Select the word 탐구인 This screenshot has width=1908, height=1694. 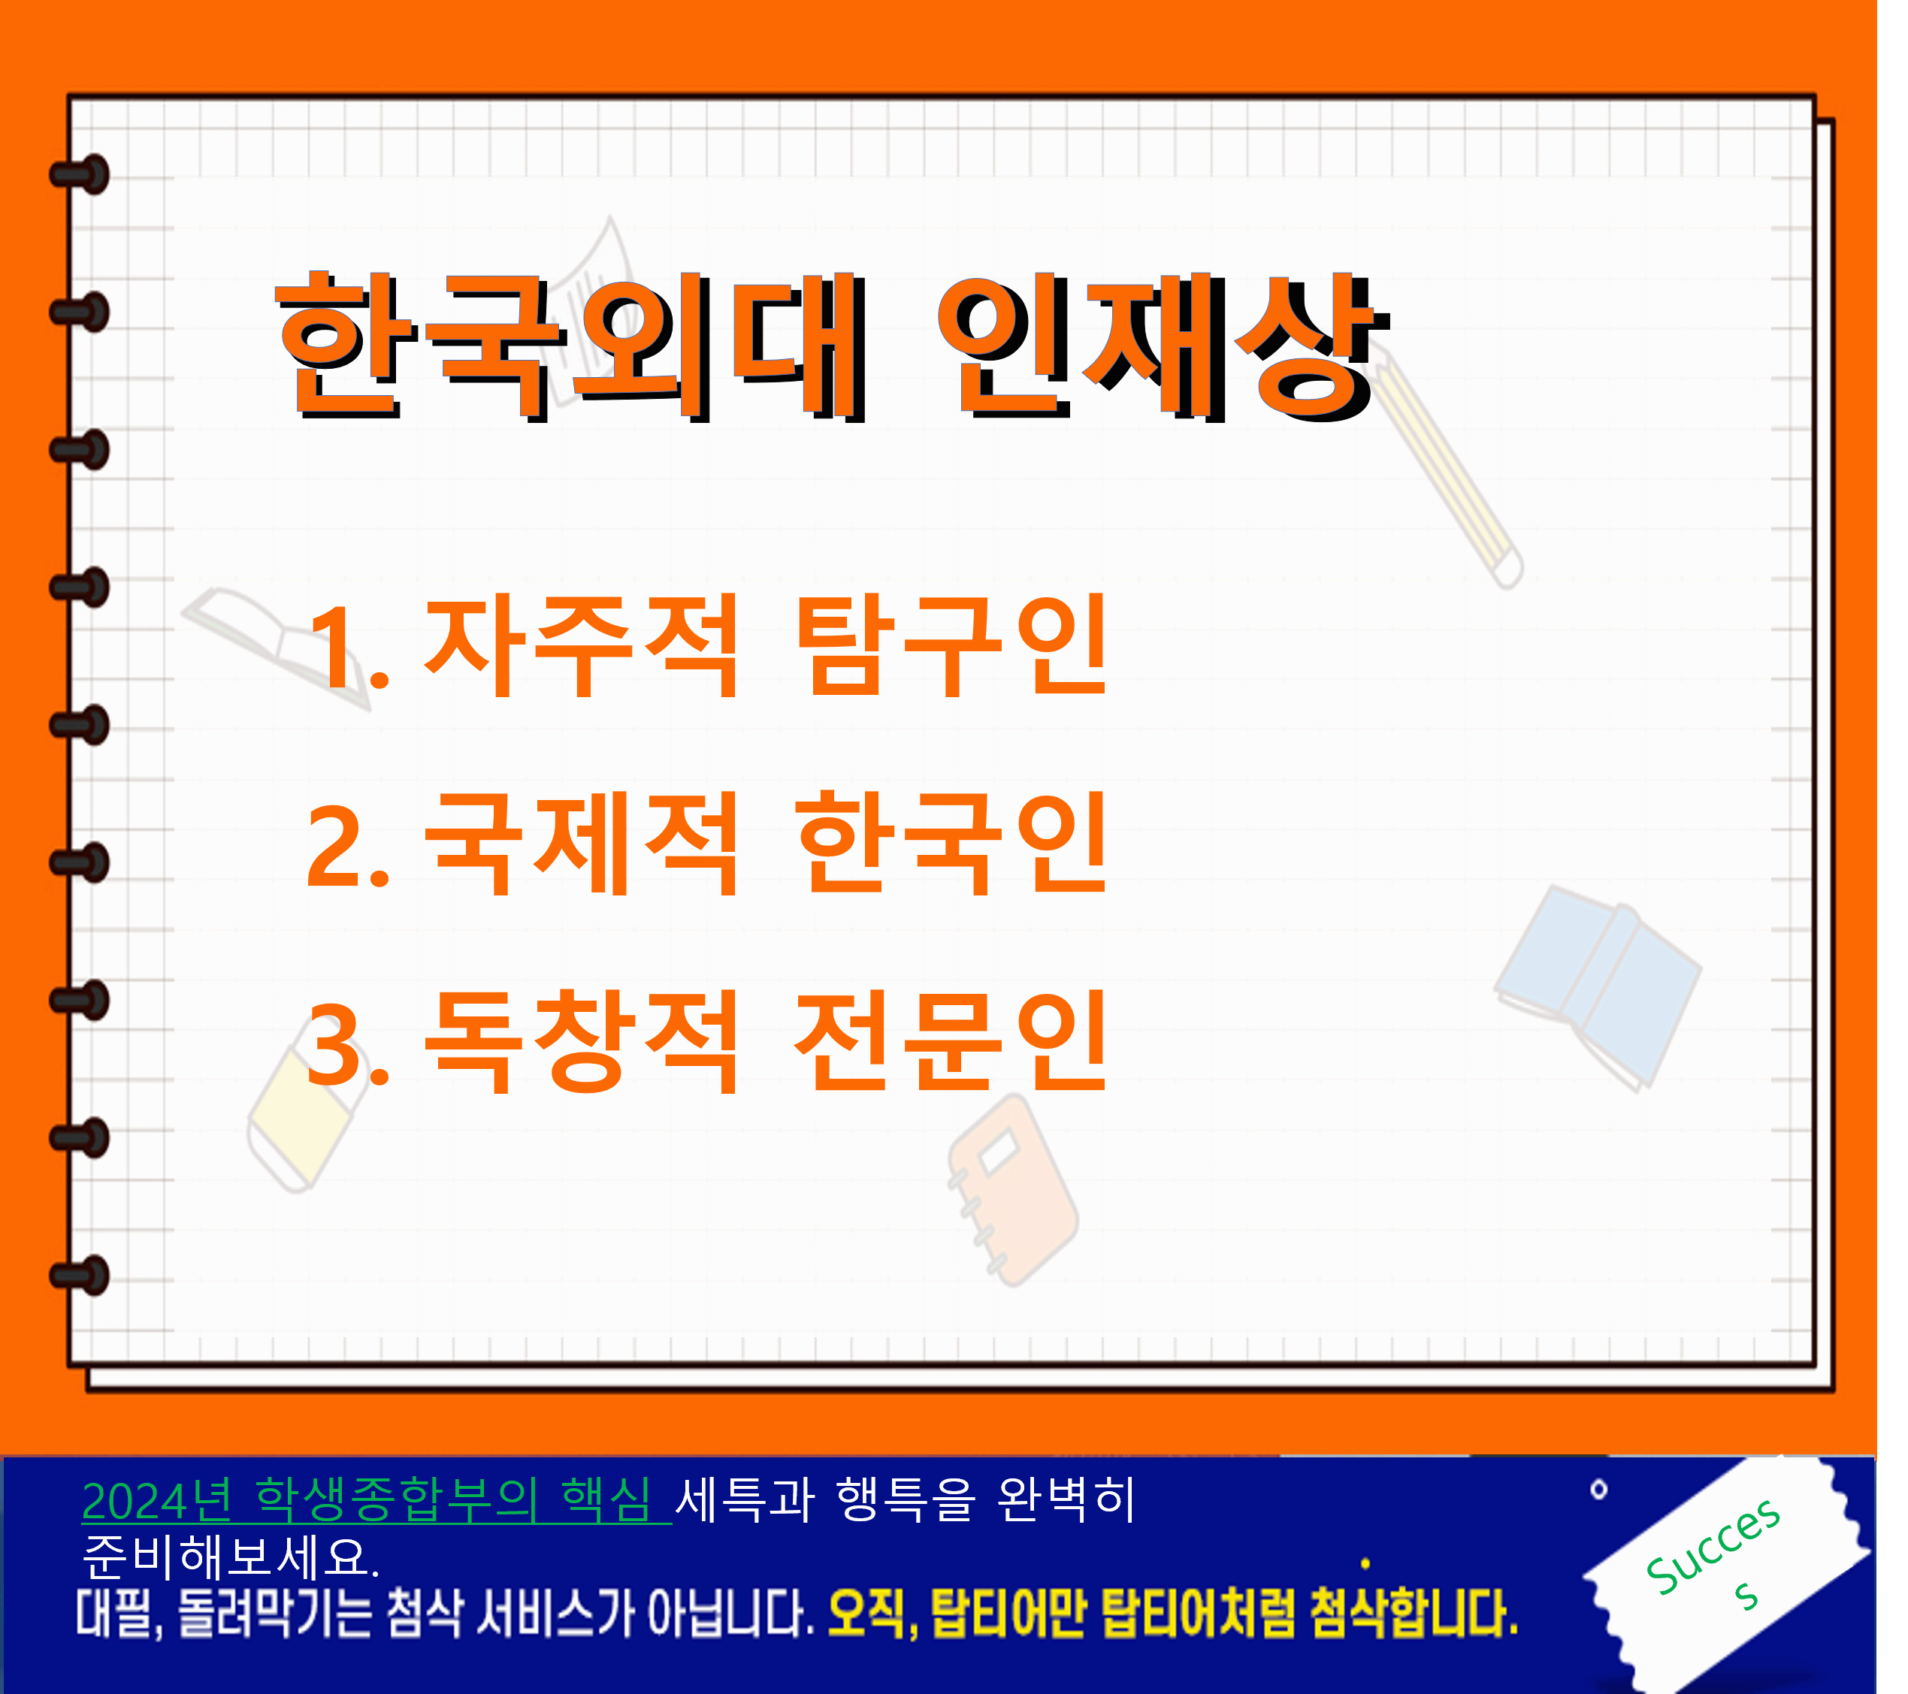point(951,645)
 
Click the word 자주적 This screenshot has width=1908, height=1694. point(581,645)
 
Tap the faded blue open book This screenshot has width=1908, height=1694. point(1598,987)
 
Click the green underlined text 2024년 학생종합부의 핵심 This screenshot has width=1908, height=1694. point(376,1502)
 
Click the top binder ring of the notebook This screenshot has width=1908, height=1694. point(81,174)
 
